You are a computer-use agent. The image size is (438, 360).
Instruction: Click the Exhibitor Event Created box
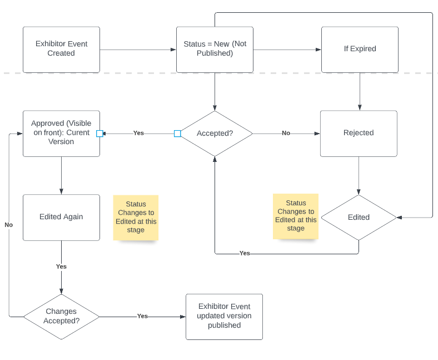click(x=61, y=50)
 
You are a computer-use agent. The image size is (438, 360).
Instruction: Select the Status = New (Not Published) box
click(x=215, y=50)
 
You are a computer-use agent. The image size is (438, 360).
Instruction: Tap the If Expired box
click(x=360, y=50)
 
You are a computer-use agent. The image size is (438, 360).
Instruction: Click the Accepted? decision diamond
click(x=215, y=134)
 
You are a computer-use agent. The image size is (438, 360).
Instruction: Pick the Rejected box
click(x=359, y=134)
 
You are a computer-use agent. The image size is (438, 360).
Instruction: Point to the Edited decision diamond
click(x=359, y=218)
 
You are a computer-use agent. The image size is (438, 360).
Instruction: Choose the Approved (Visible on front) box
click(x=61, y=134)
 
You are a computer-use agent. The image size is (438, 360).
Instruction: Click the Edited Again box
click(x=61, y=218)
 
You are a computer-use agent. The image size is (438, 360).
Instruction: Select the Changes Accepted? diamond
click(x=61, y=317)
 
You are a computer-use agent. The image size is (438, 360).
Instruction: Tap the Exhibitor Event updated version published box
click(x=225, y=317)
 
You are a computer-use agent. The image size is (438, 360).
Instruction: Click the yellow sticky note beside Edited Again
click(x=136, y=218)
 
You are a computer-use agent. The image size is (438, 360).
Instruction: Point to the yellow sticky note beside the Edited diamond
click(x=296, y=216)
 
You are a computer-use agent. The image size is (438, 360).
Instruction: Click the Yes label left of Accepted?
click(x=138, y=133)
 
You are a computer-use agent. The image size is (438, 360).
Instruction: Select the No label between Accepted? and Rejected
click(x=286, y=133)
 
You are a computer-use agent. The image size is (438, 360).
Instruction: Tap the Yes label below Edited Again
click(x=61, y=267)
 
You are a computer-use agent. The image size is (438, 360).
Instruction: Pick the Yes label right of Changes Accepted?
click(x=142, y=316)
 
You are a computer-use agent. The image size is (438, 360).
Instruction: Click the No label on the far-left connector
click(x=9, y=225)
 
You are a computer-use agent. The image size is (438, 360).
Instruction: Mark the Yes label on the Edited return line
click(x=245, y=253)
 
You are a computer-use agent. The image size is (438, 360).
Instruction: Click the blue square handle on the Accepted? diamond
click(x=177, y=134)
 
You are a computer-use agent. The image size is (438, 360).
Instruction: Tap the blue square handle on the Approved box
click(x=99, y=134)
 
